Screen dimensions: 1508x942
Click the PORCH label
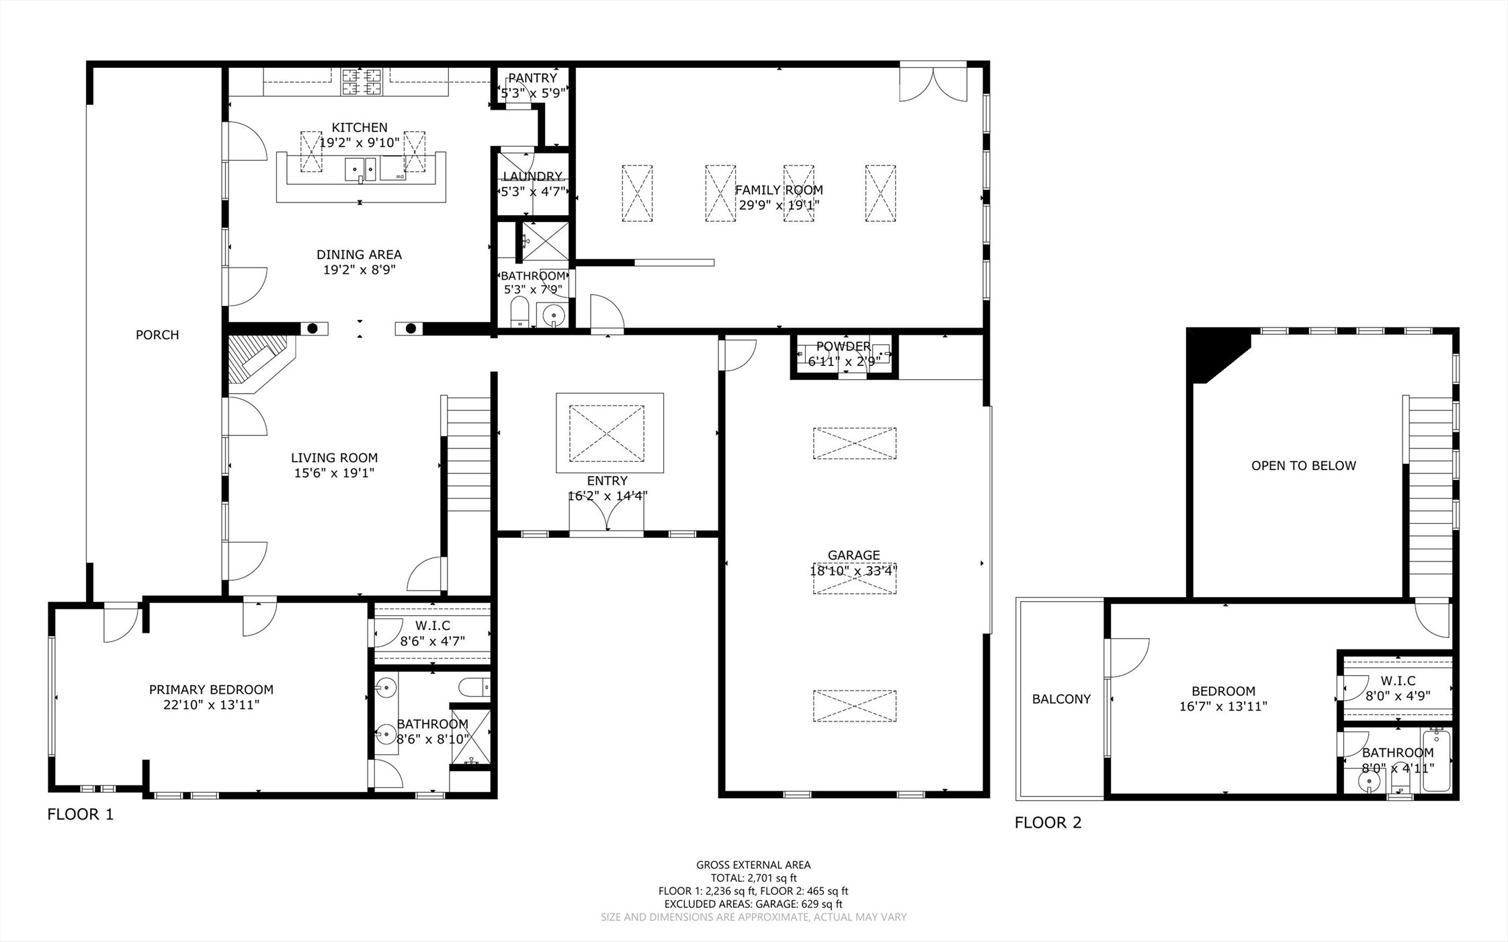pos(157,335)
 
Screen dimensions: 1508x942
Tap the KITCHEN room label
pos(360,127)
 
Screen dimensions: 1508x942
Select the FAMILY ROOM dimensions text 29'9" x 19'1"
pos(779,205)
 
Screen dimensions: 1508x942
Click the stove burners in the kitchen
pos(362,82)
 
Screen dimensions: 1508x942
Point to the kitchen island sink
pos(361,169)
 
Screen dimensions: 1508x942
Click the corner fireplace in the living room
pos(259,364)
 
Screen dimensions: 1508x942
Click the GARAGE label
pos(853,555)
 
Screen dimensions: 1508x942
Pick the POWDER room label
pos(843,346)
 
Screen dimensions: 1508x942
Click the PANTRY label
pos(532,78)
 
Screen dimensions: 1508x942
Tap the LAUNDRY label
pos(533,176)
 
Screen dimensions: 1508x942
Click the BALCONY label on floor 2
pos(1061,699)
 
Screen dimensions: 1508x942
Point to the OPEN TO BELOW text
pos(1304,465)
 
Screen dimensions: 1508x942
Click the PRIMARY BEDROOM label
pos(211,690)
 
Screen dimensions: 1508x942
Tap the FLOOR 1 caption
pos(81,814)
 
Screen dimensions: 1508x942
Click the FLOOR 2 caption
pos(1048,822)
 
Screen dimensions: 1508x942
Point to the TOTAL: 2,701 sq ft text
pos(754,878)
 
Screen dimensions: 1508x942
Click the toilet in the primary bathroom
pos(474,687)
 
